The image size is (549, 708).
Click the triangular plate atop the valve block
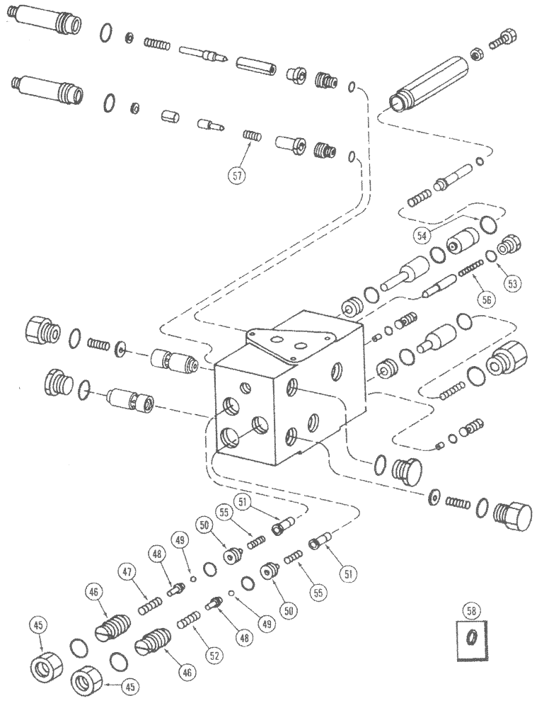290,343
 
